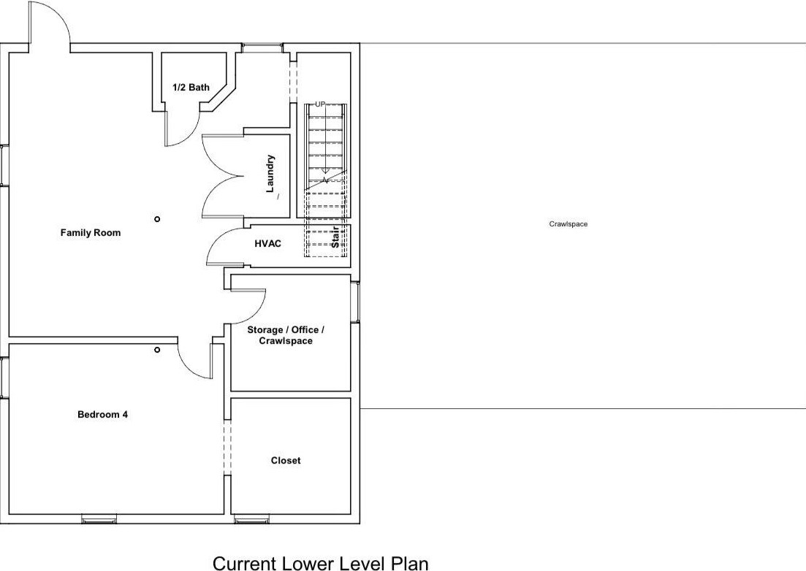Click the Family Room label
pos(90,233)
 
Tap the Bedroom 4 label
pos(103,415)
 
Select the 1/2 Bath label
pos(191,88)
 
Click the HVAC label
pos(267,244)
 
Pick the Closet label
pos(285,461)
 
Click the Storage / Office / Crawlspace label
pos(285,335)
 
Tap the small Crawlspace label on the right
pos(568,224)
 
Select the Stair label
pos(336,238)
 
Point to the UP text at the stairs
pos(319,104)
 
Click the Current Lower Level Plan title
pos(320,563)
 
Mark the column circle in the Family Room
pos(157,219)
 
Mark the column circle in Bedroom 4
pos(157,350)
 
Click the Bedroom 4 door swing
pos(194,361)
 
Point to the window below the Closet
pos(251,520)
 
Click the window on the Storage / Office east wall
pos(356,302)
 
